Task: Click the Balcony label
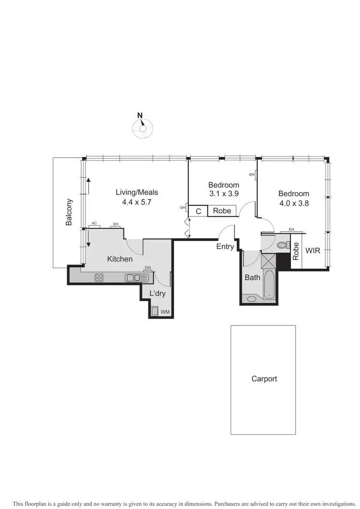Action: pos(69,212)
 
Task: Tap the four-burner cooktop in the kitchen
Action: pos(99,277)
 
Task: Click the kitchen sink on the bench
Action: pos(133,277)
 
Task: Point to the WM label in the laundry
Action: pos(165,312)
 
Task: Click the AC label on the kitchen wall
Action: pos(94,224)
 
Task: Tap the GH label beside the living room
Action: pos(182,207)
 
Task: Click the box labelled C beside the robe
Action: pos(198,211)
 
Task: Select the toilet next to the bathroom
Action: pos(282,245)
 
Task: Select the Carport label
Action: pos(264,379)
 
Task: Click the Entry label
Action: pos(225,247)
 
